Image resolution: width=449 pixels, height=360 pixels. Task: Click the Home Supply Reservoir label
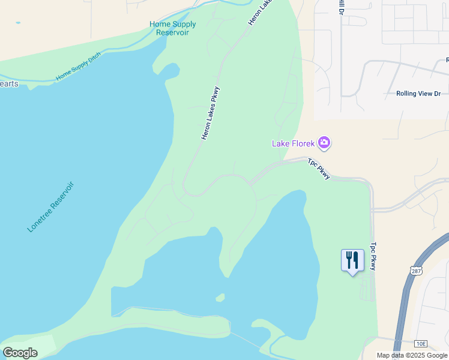point(172,28)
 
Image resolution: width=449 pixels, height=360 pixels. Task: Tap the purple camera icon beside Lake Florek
point(324,143)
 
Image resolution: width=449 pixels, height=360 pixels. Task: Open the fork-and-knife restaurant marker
point(352,261)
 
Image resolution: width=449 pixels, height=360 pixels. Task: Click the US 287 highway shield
point(416,271)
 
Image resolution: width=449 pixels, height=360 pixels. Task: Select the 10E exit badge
point(421,343)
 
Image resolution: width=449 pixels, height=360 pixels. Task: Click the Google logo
point(20,353)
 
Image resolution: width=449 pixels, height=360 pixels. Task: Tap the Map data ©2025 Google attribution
point(412,355)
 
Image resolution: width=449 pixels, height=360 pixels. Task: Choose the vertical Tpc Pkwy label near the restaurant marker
point(373,256)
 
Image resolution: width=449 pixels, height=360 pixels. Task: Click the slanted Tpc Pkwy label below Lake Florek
point(319,169)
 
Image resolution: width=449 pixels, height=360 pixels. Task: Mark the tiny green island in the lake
point(220,298)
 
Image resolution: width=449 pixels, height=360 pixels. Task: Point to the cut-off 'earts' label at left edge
point(9,84)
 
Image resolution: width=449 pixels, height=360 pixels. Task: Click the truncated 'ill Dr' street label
point(341,7)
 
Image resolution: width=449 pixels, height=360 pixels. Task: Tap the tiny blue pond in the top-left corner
point(18,23)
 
